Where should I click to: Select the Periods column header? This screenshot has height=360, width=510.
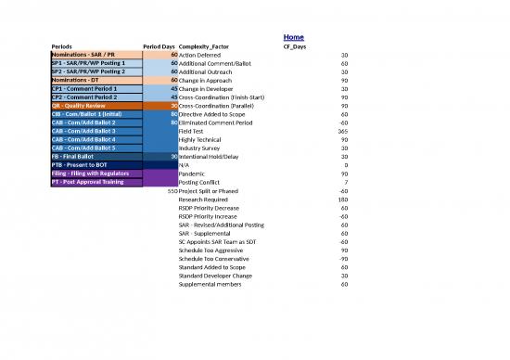pyautogui.click(x=64, y=46)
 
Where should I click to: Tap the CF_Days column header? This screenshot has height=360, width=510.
pyautogui.click(x=295, y=46)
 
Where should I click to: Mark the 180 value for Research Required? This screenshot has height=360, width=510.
pyautogui.click(x=342, y=199)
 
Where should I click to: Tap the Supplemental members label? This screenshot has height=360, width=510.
pyautogui.click(x=210, y=284)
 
